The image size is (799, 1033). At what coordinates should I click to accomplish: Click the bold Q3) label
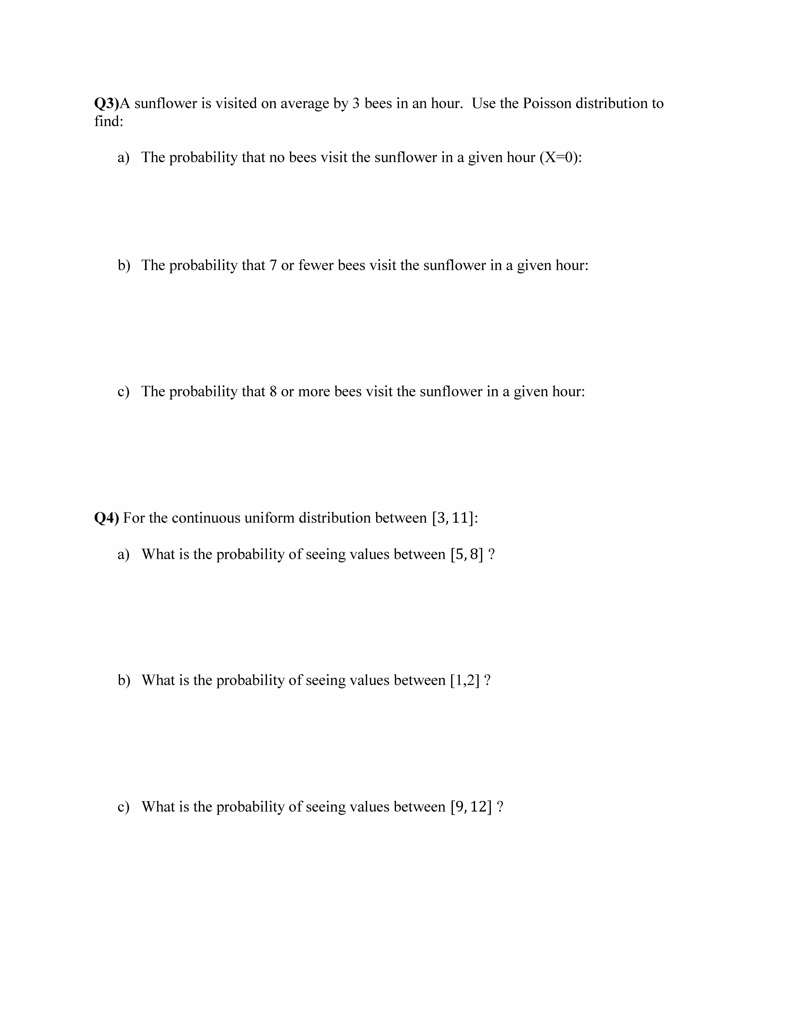[106, 103]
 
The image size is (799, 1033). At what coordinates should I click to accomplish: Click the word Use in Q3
[484, 103]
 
